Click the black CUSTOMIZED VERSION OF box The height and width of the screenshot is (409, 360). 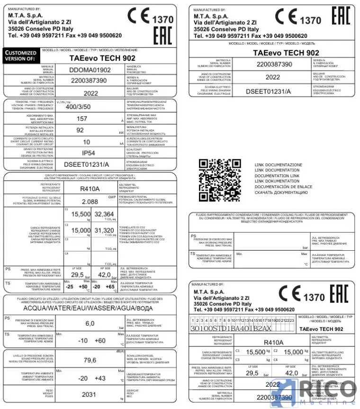click(20, 56)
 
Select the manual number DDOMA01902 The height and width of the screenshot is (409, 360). click(90, 70)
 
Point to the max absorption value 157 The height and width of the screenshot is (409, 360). click(82, 118)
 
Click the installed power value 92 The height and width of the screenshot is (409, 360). click(80, 130)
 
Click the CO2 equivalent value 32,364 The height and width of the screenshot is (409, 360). click(105, 214)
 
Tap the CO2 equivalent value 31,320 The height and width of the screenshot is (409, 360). click(105, 230)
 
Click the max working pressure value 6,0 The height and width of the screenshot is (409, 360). click(90, 323)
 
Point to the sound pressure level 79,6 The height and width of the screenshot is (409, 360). click(90, 360)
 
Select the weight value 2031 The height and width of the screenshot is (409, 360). click(89, 394)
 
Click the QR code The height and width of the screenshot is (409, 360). click(220, 181)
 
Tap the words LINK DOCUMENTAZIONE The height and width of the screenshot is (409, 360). click(279, 165)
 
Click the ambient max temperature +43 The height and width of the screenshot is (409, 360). click(100, 378)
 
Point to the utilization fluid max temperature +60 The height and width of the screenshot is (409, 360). click(100, 340)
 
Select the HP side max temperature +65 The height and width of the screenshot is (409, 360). click(110, 287)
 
